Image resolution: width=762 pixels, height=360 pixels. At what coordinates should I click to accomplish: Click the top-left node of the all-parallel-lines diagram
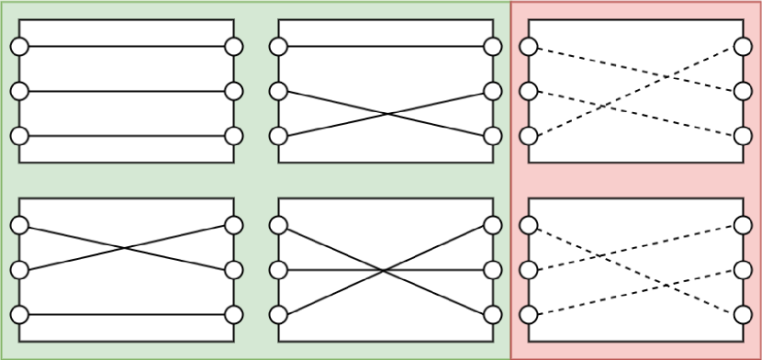click(19, 47)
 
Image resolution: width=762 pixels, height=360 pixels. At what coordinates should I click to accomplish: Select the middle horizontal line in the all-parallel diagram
click(127, 91)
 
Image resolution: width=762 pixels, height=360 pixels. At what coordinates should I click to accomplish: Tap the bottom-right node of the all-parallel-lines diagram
click(234, 136)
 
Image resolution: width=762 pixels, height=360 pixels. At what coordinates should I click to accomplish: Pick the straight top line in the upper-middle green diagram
click(386, 47)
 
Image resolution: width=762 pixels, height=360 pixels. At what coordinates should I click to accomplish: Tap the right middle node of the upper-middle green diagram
click(493, 91)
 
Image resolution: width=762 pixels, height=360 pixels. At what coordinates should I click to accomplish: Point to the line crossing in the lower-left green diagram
click(127, 248)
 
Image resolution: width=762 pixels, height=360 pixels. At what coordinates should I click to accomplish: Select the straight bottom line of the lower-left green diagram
click(127, 315)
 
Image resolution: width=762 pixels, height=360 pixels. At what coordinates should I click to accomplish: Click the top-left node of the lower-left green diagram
click(19, 225)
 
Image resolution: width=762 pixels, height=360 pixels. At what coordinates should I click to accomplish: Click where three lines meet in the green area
click(386, 270)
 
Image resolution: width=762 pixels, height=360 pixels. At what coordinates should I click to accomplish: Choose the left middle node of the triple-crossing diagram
click(278, 270)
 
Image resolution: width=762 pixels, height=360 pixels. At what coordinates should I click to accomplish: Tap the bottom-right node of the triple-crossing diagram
click(493, 315)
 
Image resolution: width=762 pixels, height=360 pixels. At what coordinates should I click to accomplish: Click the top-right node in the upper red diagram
click(743, 47)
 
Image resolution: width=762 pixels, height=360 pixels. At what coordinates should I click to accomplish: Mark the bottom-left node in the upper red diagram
click(528, 136)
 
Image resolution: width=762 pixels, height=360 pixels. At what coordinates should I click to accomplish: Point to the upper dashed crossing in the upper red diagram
click(671, 76)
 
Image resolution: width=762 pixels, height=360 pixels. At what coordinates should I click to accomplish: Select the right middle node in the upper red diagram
click(743, 91)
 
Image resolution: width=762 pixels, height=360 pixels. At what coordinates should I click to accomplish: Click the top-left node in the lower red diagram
click(528, 225)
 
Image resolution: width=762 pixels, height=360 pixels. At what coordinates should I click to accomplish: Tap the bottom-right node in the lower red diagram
click(743, 315)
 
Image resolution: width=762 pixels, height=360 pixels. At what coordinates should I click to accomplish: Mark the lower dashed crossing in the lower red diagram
click(671, 285)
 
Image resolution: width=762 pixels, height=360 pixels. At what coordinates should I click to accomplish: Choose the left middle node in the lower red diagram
click(528, 270)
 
